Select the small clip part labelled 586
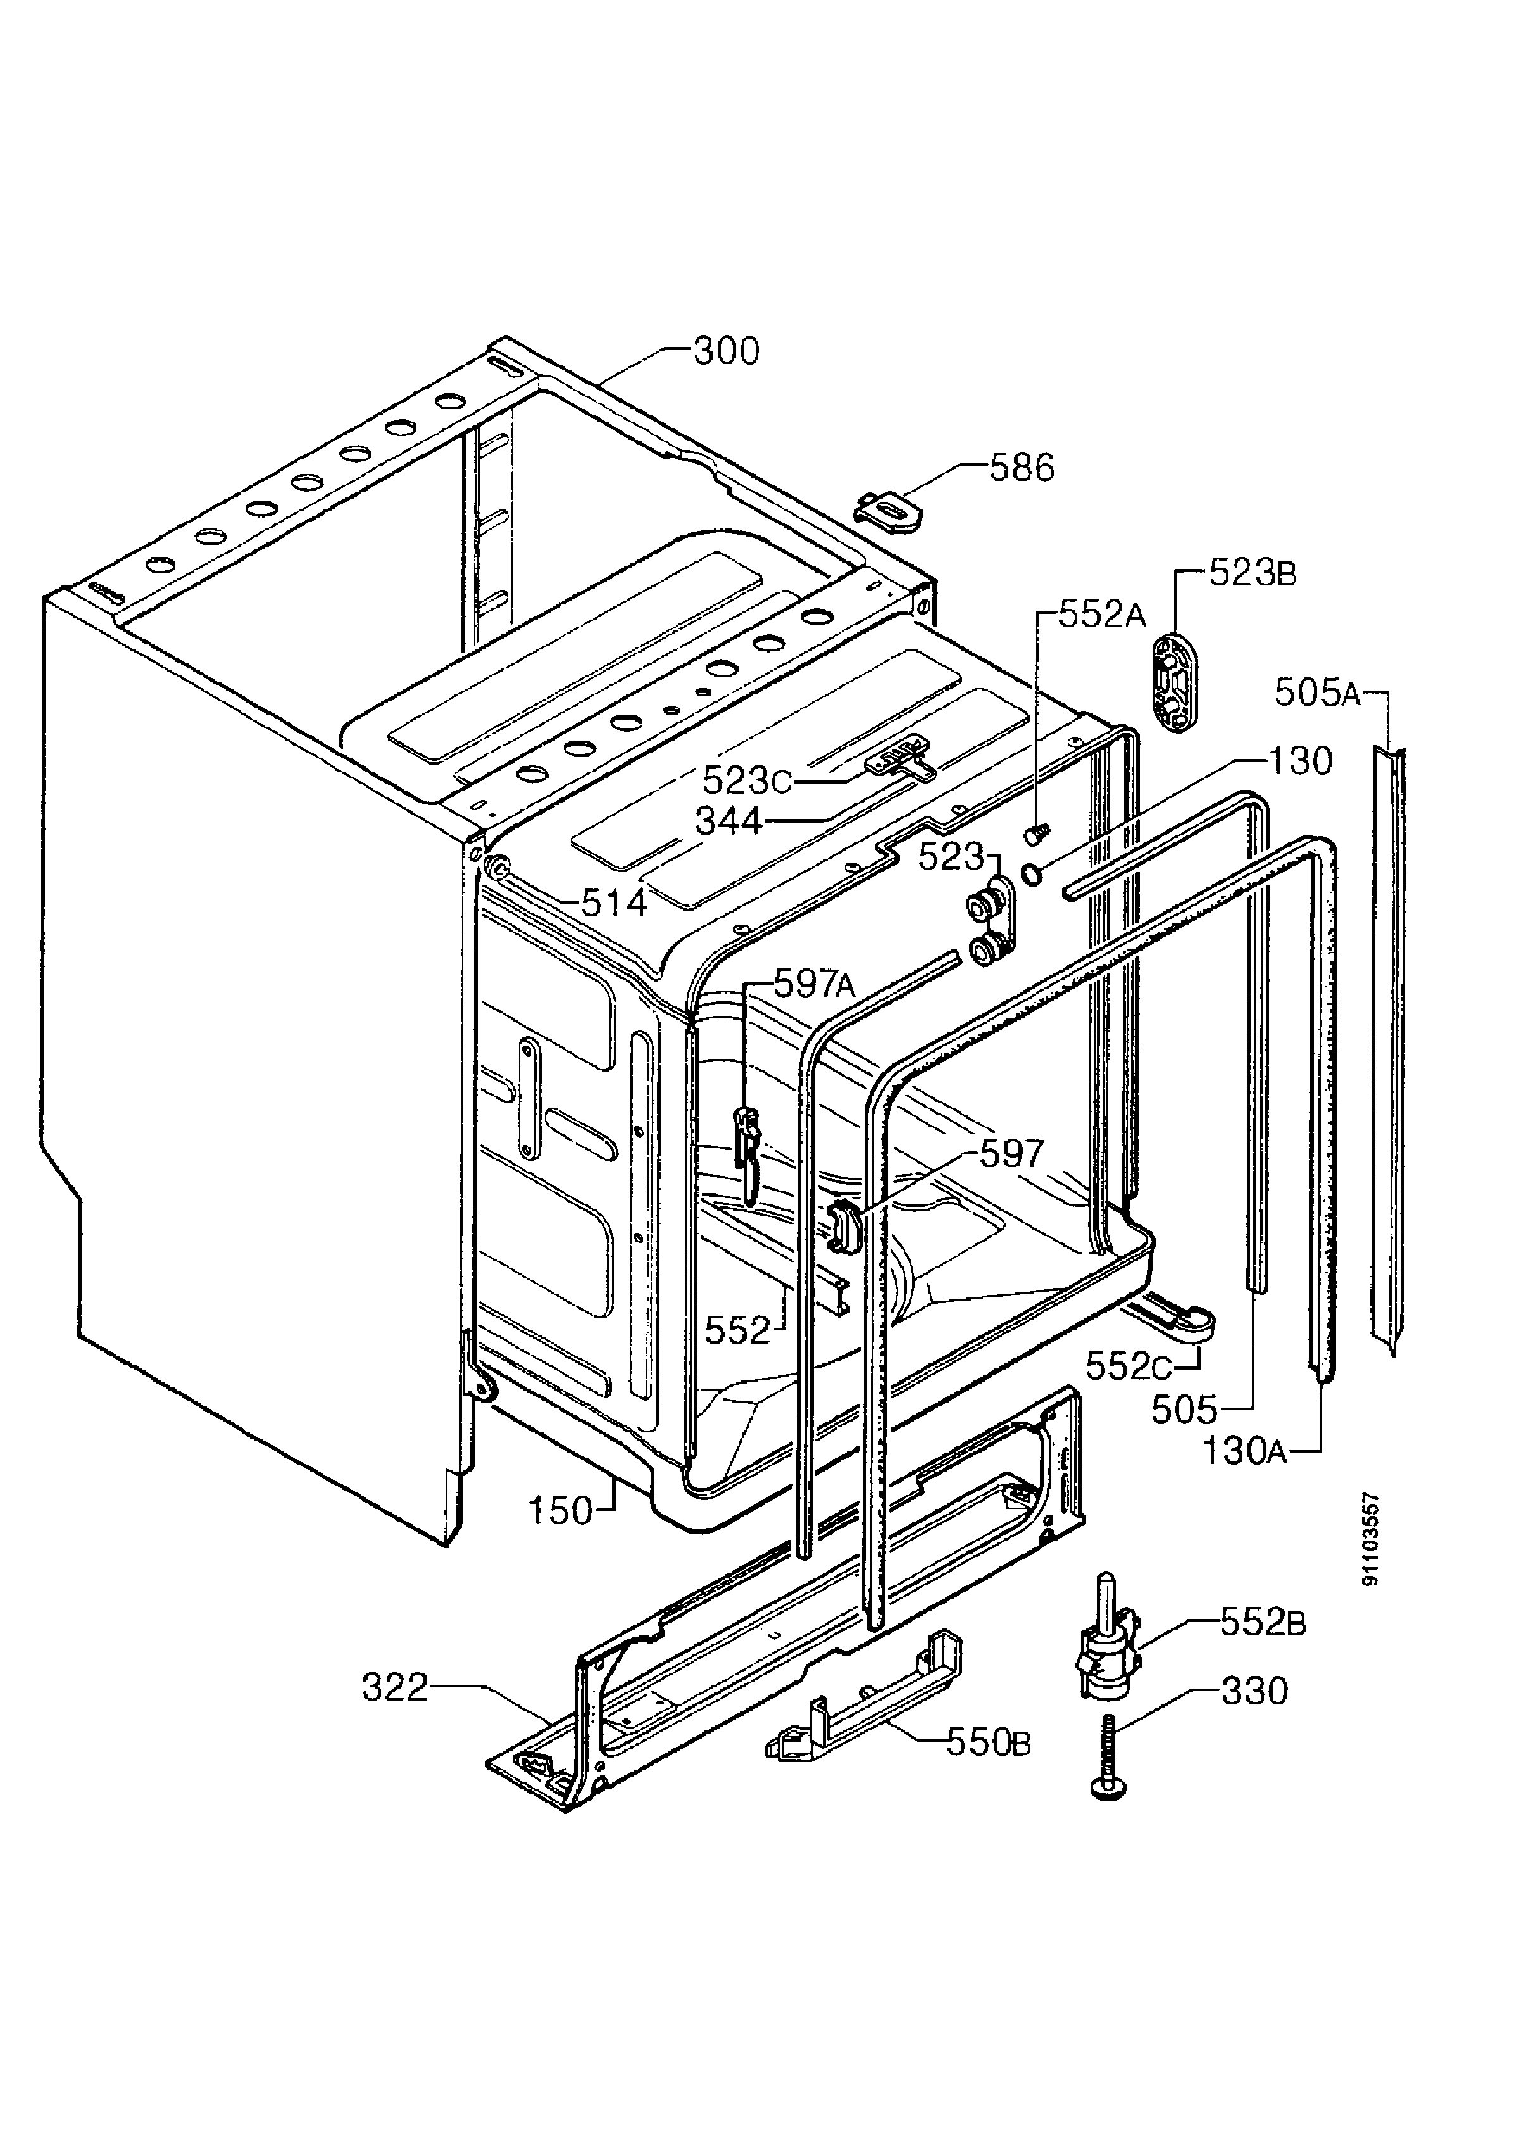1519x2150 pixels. pos(888,510)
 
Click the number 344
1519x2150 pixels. pos(728,822)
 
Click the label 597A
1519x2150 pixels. pos(815,984)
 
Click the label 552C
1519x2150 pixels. pos(1129,1367)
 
